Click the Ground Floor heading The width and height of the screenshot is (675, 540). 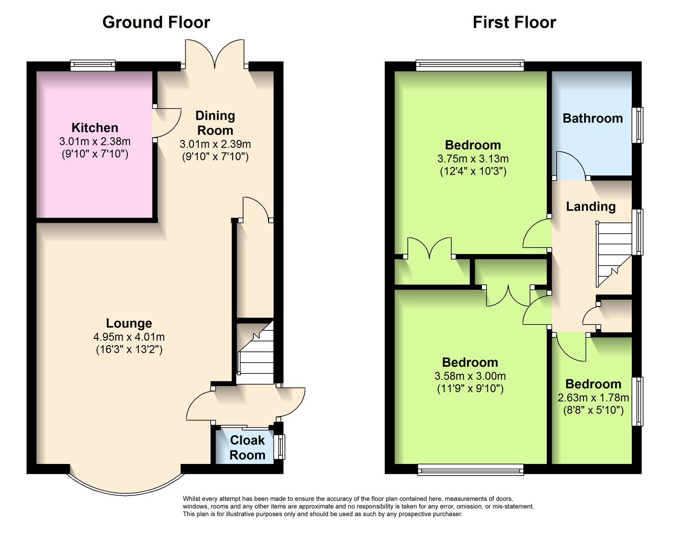click(156, 22)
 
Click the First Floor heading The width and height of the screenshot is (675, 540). click(514, 22)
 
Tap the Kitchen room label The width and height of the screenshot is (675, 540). click(95, 127)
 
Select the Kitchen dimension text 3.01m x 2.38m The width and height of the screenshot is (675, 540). click(95, 141)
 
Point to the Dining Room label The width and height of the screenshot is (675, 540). click(215, 123)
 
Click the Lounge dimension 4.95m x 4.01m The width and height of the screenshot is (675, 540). click(129, 337)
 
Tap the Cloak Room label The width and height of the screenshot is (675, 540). click(247, 447)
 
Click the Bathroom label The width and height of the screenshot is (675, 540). click(593, 118)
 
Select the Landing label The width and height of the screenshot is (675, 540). click(590, 207)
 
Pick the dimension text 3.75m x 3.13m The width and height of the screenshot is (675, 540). click(473, 158)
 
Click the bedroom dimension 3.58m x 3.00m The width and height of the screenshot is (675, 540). click(470, 376)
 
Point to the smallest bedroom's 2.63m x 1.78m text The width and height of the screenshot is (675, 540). click(593, 397)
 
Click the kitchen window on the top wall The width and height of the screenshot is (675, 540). click(93, 66)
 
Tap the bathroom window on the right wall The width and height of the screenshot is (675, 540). click(638, 125)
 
